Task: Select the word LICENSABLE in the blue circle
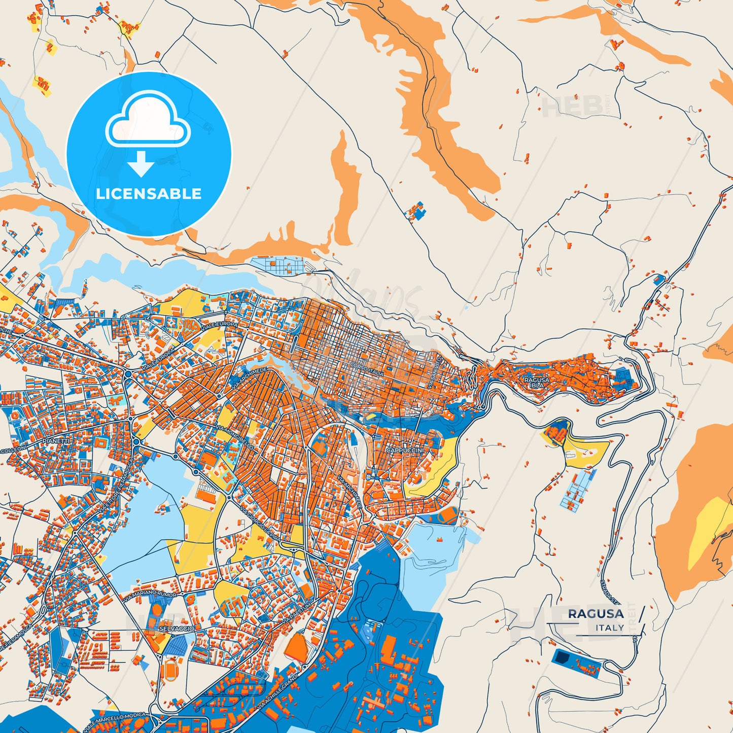coord(149,194)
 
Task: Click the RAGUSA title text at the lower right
coord(596,614)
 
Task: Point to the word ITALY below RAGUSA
coord(610,628)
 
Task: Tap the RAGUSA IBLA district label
coord(536,382)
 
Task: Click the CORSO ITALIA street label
coord(366,369)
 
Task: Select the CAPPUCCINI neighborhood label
coord(404,450)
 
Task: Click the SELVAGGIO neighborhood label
coord(169,629)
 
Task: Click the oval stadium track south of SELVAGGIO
coord(169,669)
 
